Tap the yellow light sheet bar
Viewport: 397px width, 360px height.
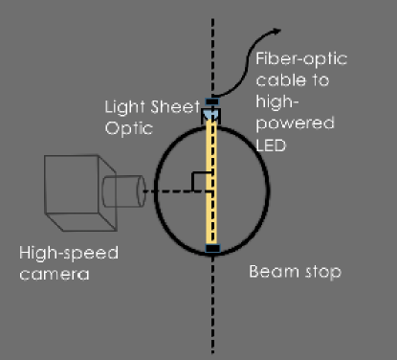coord(211,182)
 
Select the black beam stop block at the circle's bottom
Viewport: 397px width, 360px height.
coord(211,249)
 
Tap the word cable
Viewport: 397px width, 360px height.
coord(279,80)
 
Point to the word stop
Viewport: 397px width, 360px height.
coord(320,272)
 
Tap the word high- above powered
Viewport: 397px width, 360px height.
coord(277,101)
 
